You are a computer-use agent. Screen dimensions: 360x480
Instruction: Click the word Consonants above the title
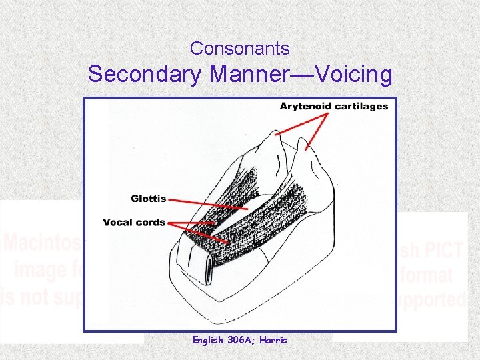coord(240,49)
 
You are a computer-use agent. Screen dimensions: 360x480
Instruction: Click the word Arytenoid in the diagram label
coord(304,106)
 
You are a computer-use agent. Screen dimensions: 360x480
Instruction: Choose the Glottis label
coord(148,198)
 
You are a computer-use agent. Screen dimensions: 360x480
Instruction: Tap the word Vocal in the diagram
coord(117,222)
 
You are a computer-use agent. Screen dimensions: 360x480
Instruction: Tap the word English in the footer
coord(208,340)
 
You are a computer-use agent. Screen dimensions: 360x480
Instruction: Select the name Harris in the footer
coord(273,340)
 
